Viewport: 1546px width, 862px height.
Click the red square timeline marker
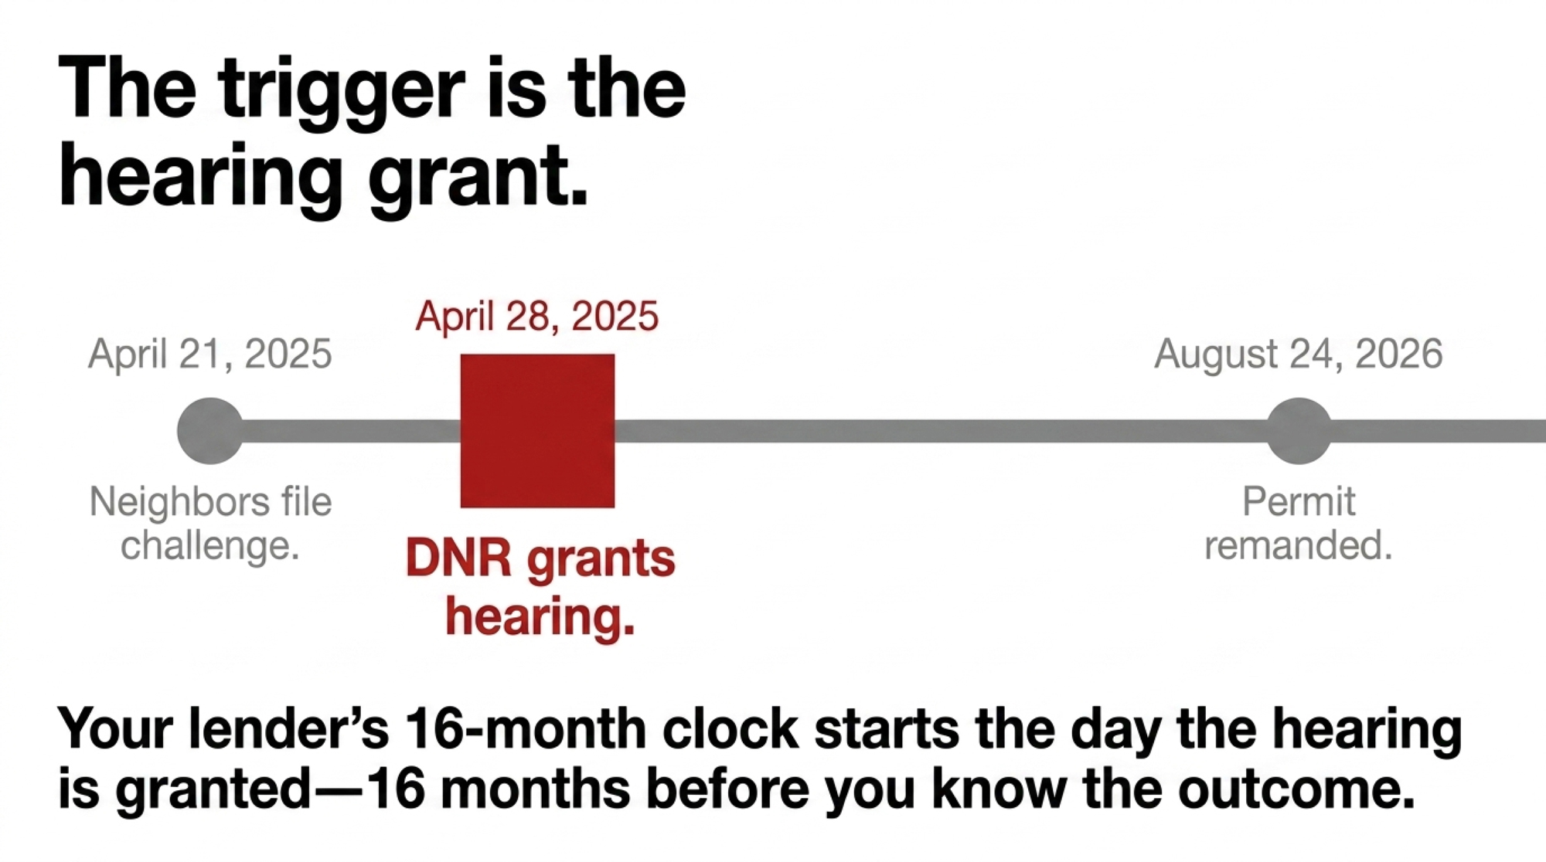pos(537,431)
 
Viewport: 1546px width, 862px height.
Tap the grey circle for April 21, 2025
pos(210,431)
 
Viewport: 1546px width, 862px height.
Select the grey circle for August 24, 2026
pos(1299,431)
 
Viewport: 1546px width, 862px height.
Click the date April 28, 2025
pos(536,316)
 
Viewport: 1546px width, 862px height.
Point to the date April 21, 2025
pos(210,354)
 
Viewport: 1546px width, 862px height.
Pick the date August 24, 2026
pos(1299,354)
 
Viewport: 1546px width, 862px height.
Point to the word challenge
pos(210,546)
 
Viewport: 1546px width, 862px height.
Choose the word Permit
pos(1299,502)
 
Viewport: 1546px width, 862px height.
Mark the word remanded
pos(1299,545)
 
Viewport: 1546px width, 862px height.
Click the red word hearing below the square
pos(540,618)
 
